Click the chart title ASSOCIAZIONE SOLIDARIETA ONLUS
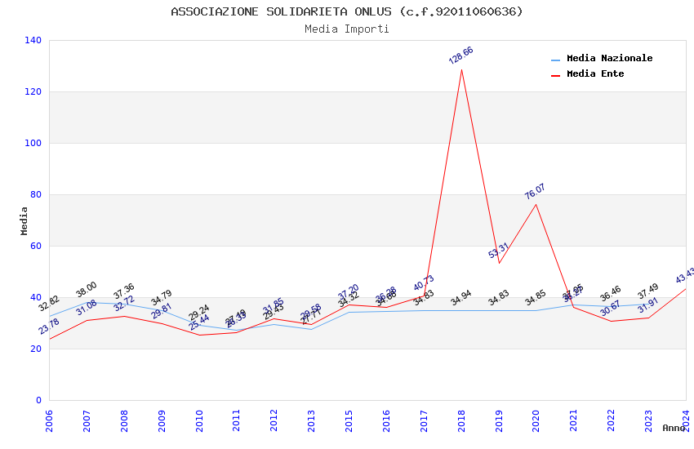pyautogui.click(x=347, y=11)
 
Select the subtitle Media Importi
pyautogui.click(x=347, y=29)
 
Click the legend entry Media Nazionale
pyautogui.click(x=609, y=59)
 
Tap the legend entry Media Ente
pyautogui.click(x=595, y=74)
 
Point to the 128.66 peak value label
pyautogui.click(x=461, y=56)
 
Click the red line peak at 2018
pyautogui.click(x=461, y=69)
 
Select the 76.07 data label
pyautogui.click(x=535, y=192)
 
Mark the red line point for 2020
pyautogui.click(x=536, y=204)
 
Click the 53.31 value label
pyautogui.click(x=499, y=251)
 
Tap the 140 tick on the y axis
pyautogui.click(x=33, y=40)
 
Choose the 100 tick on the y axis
pyautogui.click(x=33, y=143)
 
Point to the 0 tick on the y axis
pyautogui.click(x=38, y=400)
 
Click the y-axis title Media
pyautogui.click(x=24, y=220)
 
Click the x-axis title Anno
pyautogui.click(x=674, y=428)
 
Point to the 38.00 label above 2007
pyautogui.click(x=87, y=289)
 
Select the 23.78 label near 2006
pyautogui.click(x=49, y=327)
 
